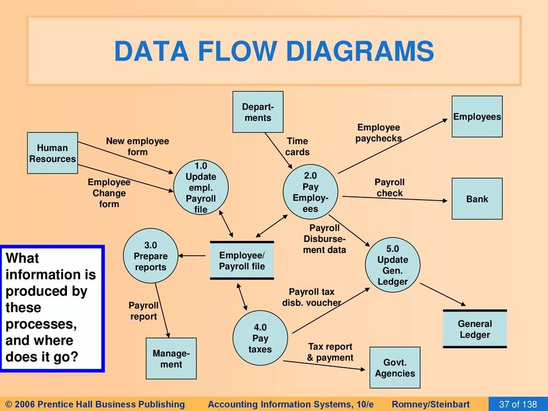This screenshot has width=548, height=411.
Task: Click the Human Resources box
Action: click(52, 153)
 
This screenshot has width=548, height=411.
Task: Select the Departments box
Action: click(258, 112)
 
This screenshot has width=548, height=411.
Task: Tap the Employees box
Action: click(477, 117)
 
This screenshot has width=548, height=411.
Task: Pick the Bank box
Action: click(477, 199)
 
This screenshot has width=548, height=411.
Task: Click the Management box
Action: click(171, 359)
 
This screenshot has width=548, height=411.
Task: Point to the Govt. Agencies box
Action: click(395, 368)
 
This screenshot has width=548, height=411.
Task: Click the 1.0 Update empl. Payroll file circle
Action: click(201, 187)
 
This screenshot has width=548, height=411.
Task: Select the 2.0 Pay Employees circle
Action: click(310, 192)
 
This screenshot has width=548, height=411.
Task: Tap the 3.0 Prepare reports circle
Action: click(150, 256)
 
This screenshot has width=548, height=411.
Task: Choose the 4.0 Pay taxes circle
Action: click(260, 338)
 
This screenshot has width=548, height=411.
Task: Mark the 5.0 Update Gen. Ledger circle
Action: click(392, 265)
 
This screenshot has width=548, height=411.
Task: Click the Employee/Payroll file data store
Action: click(242, 261)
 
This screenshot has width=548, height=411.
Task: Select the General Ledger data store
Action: click(475, 329)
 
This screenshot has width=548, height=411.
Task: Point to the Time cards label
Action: click(297, 146)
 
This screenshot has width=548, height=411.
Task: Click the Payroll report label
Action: click(143, 310)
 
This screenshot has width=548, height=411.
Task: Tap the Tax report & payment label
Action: click(330, 352)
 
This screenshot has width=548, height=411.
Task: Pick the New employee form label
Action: click(137, 146)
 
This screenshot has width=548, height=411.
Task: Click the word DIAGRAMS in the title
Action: click(360, 51)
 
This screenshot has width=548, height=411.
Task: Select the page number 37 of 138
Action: click(517, 404)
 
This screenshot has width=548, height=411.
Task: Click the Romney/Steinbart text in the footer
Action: click(431, 404)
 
